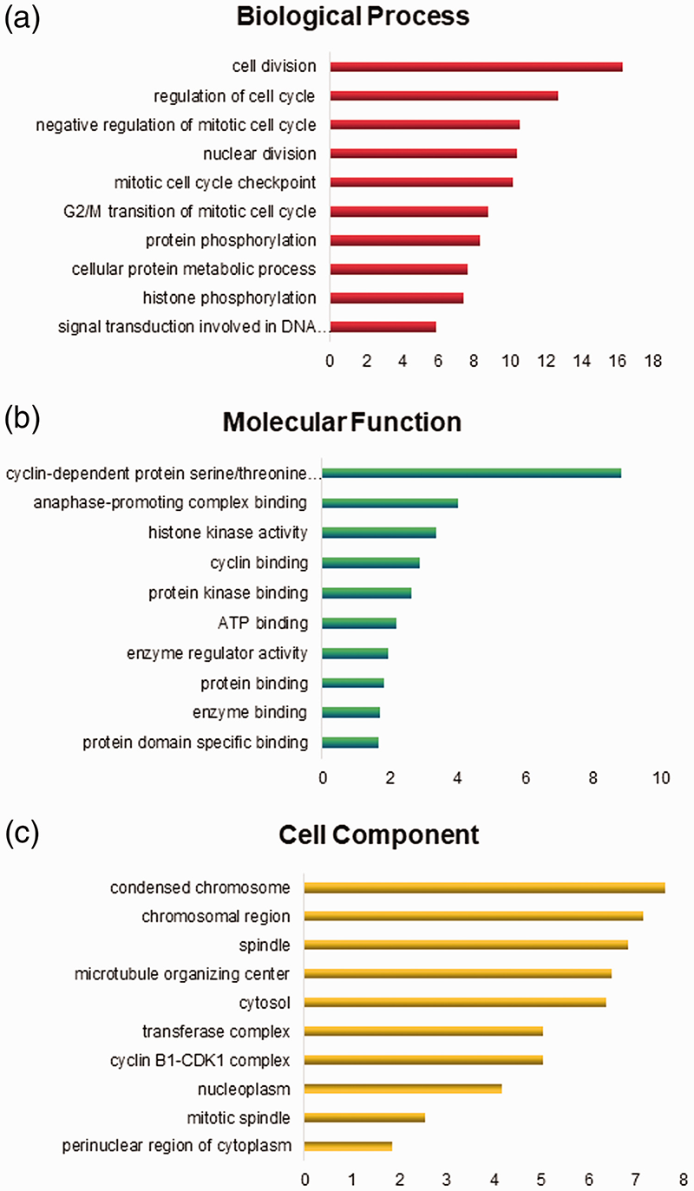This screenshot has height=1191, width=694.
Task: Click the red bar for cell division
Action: pyautogui.click(x=475, y=67)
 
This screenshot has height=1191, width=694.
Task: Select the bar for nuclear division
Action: pyautogui.click(x=423, y=154)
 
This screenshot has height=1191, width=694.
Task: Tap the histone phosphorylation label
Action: pyautogui.click(x=229, y=298)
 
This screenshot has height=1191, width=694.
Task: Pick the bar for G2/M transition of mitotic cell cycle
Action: pyautogui.click(x=409, y=212)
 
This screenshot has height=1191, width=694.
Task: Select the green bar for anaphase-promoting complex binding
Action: pyautogui.click(x=390, y=503)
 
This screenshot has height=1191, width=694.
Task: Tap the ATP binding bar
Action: pyautogui.click(x=359, y=623)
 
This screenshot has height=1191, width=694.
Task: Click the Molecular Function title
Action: pyautogui.click(x=342, y=422)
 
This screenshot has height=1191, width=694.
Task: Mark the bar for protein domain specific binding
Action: pyautogui.click(x=350, y=743)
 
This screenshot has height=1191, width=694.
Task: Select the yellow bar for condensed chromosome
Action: pyautogui.click(x=484, y=887)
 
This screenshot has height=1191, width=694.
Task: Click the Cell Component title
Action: pyautogui.click(x=378, y=835)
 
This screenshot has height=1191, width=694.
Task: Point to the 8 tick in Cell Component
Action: pyautogui.click(x=684, y=1181)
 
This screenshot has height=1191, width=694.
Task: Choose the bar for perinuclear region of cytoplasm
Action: pyautogui.click(x=348, y=1146)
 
